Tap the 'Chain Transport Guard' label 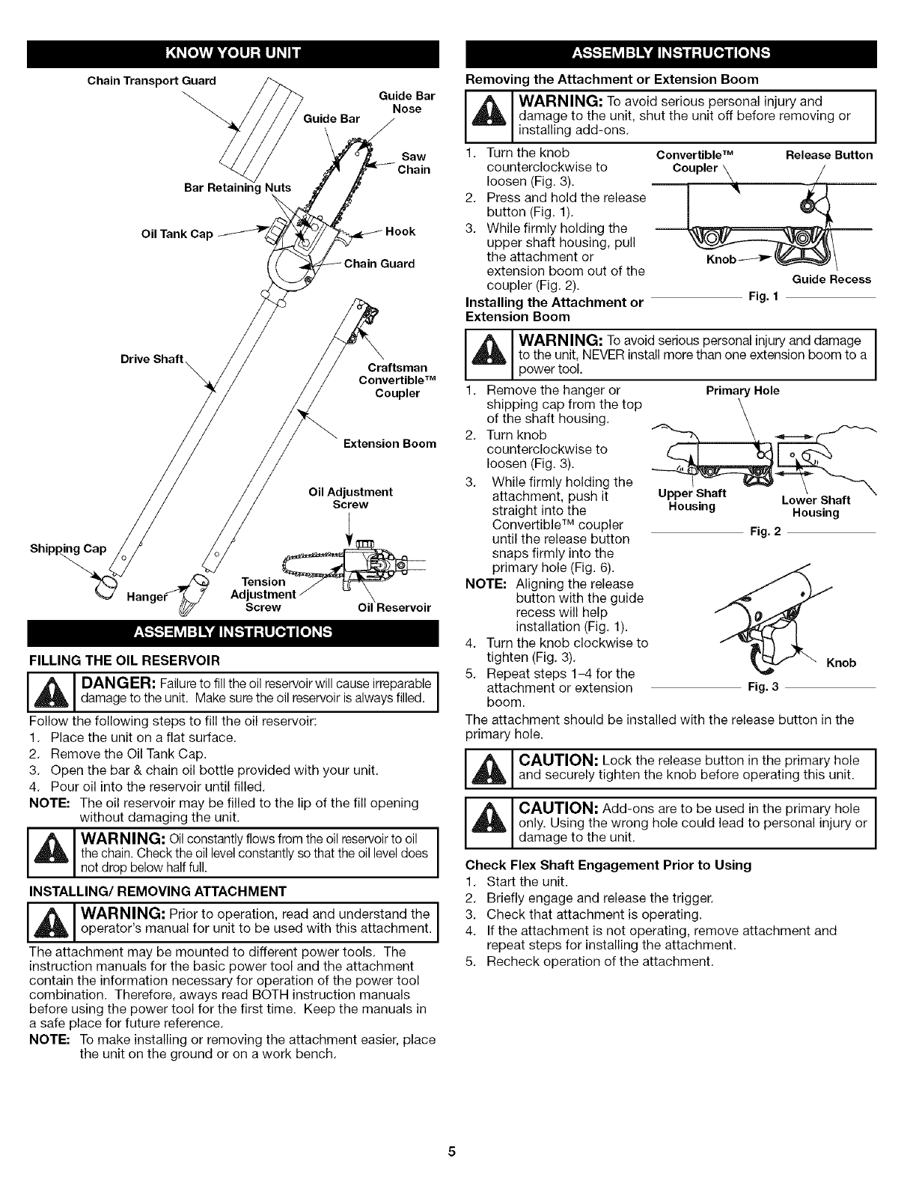pos(151,81)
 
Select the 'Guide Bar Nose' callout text pos(406,103)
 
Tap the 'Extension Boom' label pos(389,443)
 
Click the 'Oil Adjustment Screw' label pos(350,498)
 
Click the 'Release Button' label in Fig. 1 pos(828,155)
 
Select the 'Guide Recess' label pos(831,279)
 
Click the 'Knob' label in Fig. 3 pos(841,663)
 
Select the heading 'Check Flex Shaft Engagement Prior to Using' pos(608,865)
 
